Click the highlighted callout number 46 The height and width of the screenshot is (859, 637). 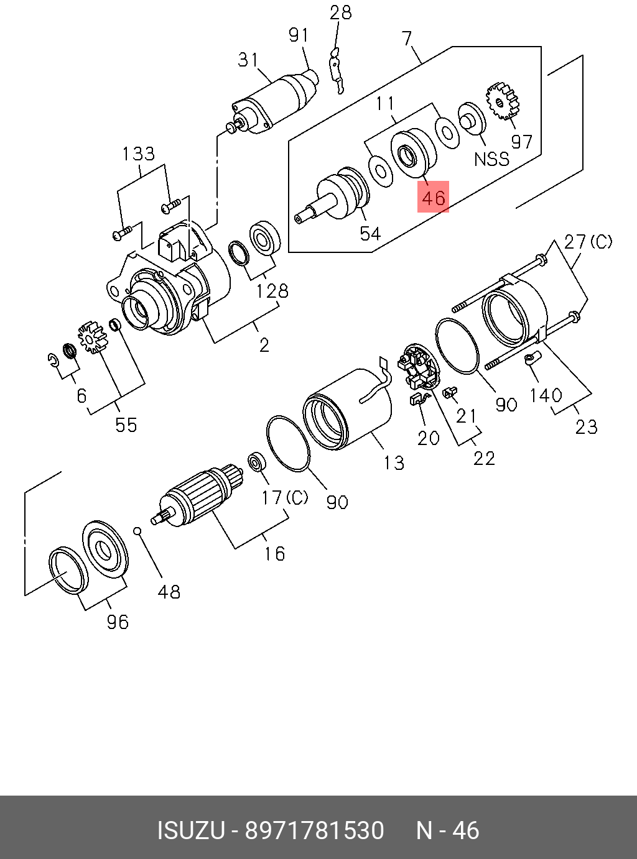[433, 198]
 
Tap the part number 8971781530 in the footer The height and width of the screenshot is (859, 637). [314, 830]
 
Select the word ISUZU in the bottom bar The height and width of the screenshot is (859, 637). [190, 830]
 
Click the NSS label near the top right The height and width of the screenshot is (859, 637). [491, 159]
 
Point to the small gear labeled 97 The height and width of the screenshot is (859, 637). [504, 101]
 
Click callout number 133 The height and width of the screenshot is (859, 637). [138, 154]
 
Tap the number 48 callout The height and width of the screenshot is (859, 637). [169, 591]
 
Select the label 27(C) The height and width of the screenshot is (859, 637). [588, 242]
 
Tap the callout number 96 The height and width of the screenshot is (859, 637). [117, 622]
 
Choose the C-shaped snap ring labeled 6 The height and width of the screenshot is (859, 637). [53, 359]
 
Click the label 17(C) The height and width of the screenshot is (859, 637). [284, 497]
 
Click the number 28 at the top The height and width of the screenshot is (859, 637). [340, 12]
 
